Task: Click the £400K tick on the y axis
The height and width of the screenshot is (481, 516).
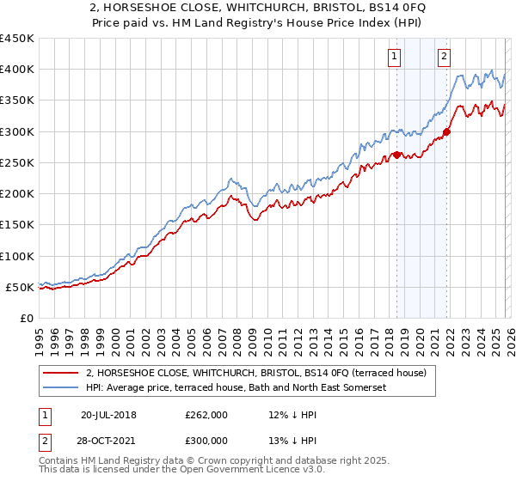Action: click(x=17, y=70)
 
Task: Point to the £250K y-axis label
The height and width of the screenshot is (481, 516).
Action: click(x=17, y=162)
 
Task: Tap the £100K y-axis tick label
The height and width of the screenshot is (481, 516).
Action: click(x=17, y=256)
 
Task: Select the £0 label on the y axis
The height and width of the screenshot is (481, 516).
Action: click(x=26, y=318)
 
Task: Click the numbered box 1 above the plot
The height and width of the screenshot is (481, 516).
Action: click(x=394, y=58)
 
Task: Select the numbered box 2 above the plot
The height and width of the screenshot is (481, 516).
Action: click(x=444, y=58)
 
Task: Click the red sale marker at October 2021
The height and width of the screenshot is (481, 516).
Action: click(x=446, y=132)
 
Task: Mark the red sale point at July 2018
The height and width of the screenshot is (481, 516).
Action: click(x=396, y=155)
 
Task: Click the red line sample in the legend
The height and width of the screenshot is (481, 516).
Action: click(x=61, y=373)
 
